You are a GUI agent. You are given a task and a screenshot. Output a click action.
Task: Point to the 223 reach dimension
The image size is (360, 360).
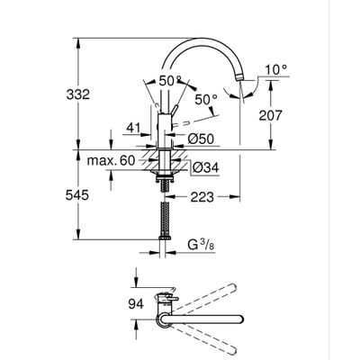202,194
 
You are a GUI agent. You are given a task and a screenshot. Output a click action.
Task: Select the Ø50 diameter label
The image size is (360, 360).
202,138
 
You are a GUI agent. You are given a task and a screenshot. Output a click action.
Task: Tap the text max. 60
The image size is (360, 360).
109,159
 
